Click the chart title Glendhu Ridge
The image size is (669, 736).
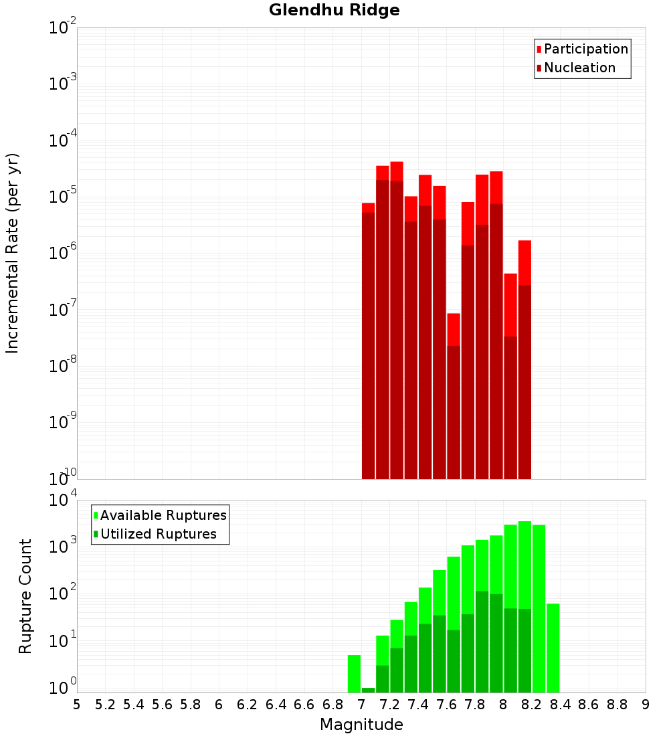pyautogui.click(x=334, y=10)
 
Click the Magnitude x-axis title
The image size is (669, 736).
pyautogui.click(x=361, y=725)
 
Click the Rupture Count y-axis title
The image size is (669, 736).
pyautogui.click(x=25, y=595)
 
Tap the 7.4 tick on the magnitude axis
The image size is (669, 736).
pyautogui.click(x=418, y=705)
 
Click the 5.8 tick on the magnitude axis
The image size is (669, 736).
pyautogui.click(x=191, y=705)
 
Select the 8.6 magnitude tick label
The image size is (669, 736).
pyautogui.click(x=589, y=705)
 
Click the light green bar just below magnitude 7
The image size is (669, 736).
pyautogui.click(x=354, y=673)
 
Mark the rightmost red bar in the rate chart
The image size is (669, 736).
pyautogui.click(x=524, y=361)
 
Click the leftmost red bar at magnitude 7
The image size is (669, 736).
pyautogui.click(x=368, y=341)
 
